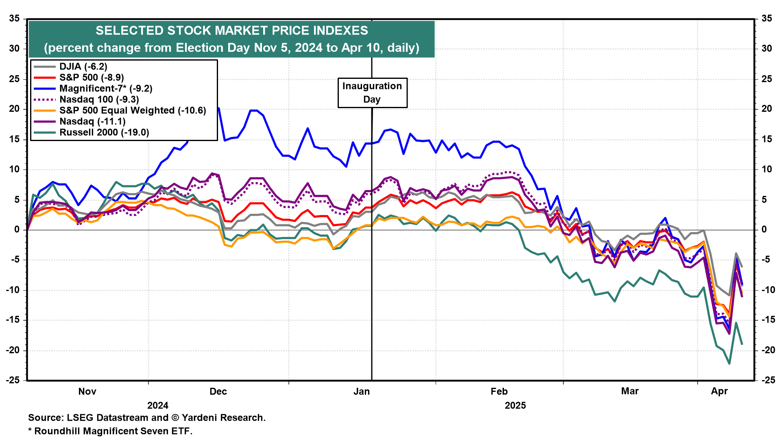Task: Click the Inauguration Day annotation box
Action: [x=372, y=93]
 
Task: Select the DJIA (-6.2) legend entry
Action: [x=83, y=67]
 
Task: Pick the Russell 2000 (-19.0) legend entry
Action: [x=104, y=133]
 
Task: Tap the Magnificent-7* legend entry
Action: [x=106, y=89]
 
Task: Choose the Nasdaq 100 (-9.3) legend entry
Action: [x=99, y=100]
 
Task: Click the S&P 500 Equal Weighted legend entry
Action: [x=133, y=111]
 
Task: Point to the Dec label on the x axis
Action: [x=218, y=391]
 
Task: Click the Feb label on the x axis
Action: [x=499, y=391]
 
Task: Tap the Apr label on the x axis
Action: [x=719, y=391]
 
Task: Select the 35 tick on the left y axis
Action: [x=15, y=19]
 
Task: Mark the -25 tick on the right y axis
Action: [x=766, y=380]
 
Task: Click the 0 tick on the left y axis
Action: [x=17, y=230]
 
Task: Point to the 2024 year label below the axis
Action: [x=158, y=405]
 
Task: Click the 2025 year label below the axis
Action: [x=515, y=405]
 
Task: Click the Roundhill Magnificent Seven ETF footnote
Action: [x=113, y=431]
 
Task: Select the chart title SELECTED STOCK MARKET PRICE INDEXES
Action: [x=232, y=31]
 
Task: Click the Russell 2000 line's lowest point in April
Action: [x=729, y=363]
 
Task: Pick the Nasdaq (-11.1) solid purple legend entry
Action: [x=92, y=122]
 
